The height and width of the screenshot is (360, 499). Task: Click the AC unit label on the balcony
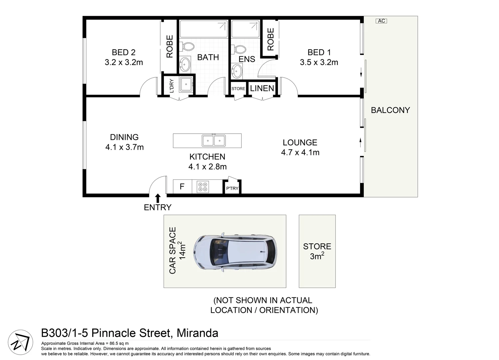coord(381,21)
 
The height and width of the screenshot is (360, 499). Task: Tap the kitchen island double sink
coord(214,141)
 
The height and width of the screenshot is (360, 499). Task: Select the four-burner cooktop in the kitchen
coord(203,187)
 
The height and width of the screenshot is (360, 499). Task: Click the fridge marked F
coord(182,187)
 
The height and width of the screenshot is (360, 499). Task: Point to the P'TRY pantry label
coord(232,188)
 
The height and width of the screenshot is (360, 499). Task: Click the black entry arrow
coord(158,198)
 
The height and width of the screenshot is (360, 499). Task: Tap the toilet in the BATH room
coord(187,47)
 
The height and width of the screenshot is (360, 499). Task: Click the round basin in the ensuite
coord(237,71)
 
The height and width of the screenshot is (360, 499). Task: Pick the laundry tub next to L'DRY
coord(185,85)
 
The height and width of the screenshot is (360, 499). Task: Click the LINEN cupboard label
coord(262,88)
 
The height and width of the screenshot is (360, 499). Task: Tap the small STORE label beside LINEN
coord(238,89)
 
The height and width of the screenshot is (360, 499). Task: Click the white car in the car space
coord(235,251)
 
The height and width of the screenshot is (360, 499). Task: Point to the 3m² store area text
coord(317,256)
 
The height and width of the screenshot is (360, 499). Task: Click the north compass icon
coord(20,342)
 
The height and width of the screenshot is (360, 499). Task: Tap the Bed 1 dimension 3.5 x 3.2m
coord(319,62)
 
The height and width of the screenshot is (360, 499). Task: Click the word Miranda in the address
coord(197,333)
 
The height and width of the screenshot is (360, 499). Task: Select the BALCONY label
coord(390,110)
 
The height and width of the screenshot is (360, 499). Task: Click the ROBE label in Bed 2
coord(170,47)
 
